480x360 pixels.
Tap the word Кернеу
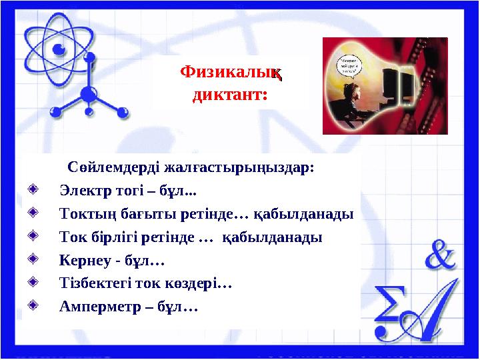(x=81, y=261)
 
